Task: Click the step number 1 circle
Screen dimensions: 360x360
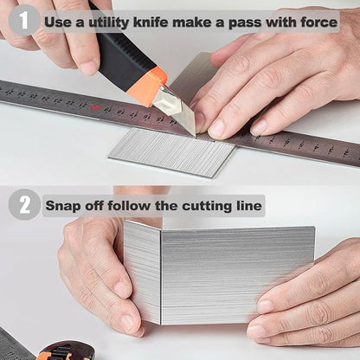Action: pyautogui.click(x=23, y=20)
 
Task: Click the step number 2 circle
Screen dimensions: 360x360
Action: pyautogui.click(x=24, y=205)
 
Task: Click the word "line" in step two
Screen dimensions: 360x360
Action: pyautogui.click(x=249, y=206)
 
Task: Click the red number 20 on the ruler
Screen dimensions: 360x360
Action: pyautogui.click(x=93, y=107)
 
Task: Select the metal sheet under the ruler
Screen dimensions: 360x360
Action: pyautogui.click(x=172, y=151)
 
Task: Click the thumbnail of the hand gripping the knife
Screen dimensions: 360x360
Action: pyautogui.click(x=88, y=68)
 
